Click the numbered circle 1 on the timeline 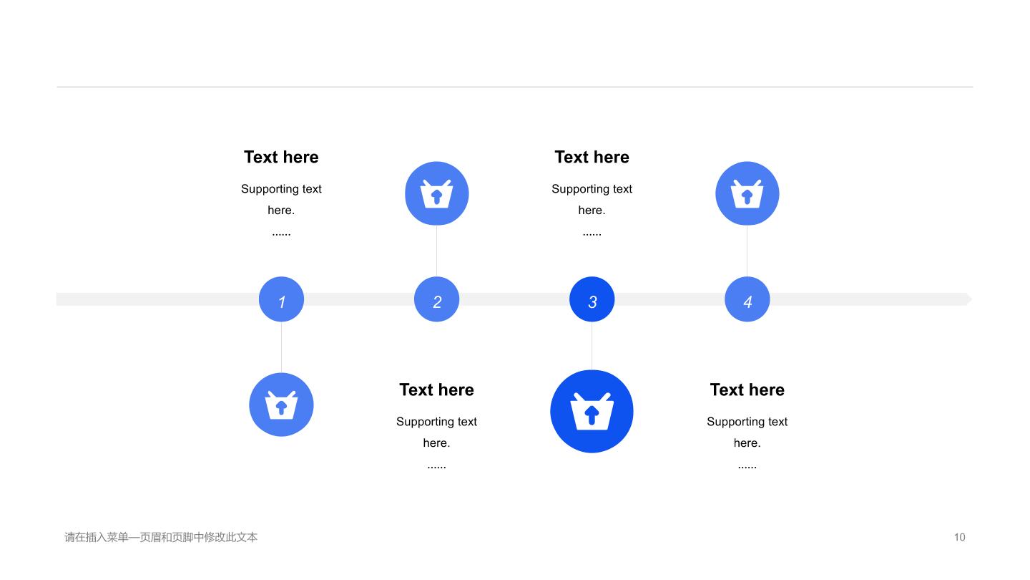tap(281, 299)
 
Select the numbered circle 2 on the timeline tap(437, 299)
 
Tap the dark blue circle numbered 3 tap(592, 299)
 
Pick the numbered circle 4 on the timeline tap(747, 299)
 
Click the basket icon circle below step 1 tap(281, 405)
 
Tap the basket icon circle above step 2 tap(437, 193)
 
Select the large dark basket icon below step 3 tap(592, 411)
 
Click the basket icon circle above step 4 tap(747, 193)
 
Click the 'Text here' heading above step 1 tap(281, 157)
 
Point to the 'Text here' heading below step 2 tap(437, 390)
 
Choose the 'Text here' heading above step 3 tap(592, 157)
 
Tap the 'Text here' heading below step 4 tap(747, 390)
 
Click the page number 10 tap(960, 537)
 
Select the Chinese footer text tap(161, 537)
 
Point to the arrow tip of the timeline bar tap(971, 299)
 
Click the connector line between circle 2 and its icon tap(437, 251)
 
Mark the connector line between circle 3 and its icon tap(592, 346)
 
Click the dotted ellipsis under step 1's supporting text tap(281, 234)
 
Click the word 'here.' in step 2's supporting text tap(437, 443)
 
